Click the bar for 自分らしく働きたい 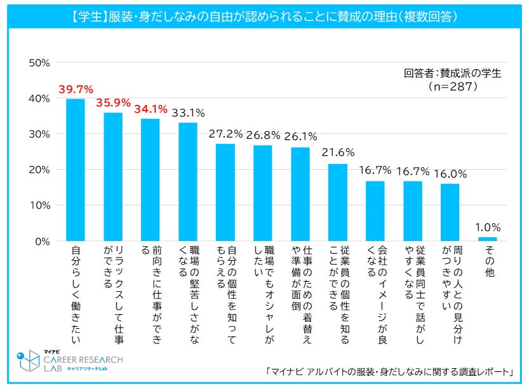(x=76, y=170)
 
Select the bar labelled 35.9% (x=113, y=177)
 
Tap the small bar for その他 (x=487, y=239)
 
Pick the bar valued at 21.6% (x=338, y=202)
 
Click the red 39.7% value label (x=76, y=89)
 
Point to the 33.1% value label (x=187, y=113)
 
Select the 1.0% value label (x=487, y=227)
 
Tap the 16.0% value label (x=450, y=173)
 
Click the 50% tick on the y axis (x=40, y=63)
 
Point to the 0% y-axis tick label (x=43, y=242)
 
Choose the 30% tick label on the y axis (x=40, y=134)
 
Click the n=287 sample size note (x=452, y=86)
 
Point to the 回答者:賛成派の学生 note (x=452, y=72)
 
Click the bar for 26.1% (x=300, y=194)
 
